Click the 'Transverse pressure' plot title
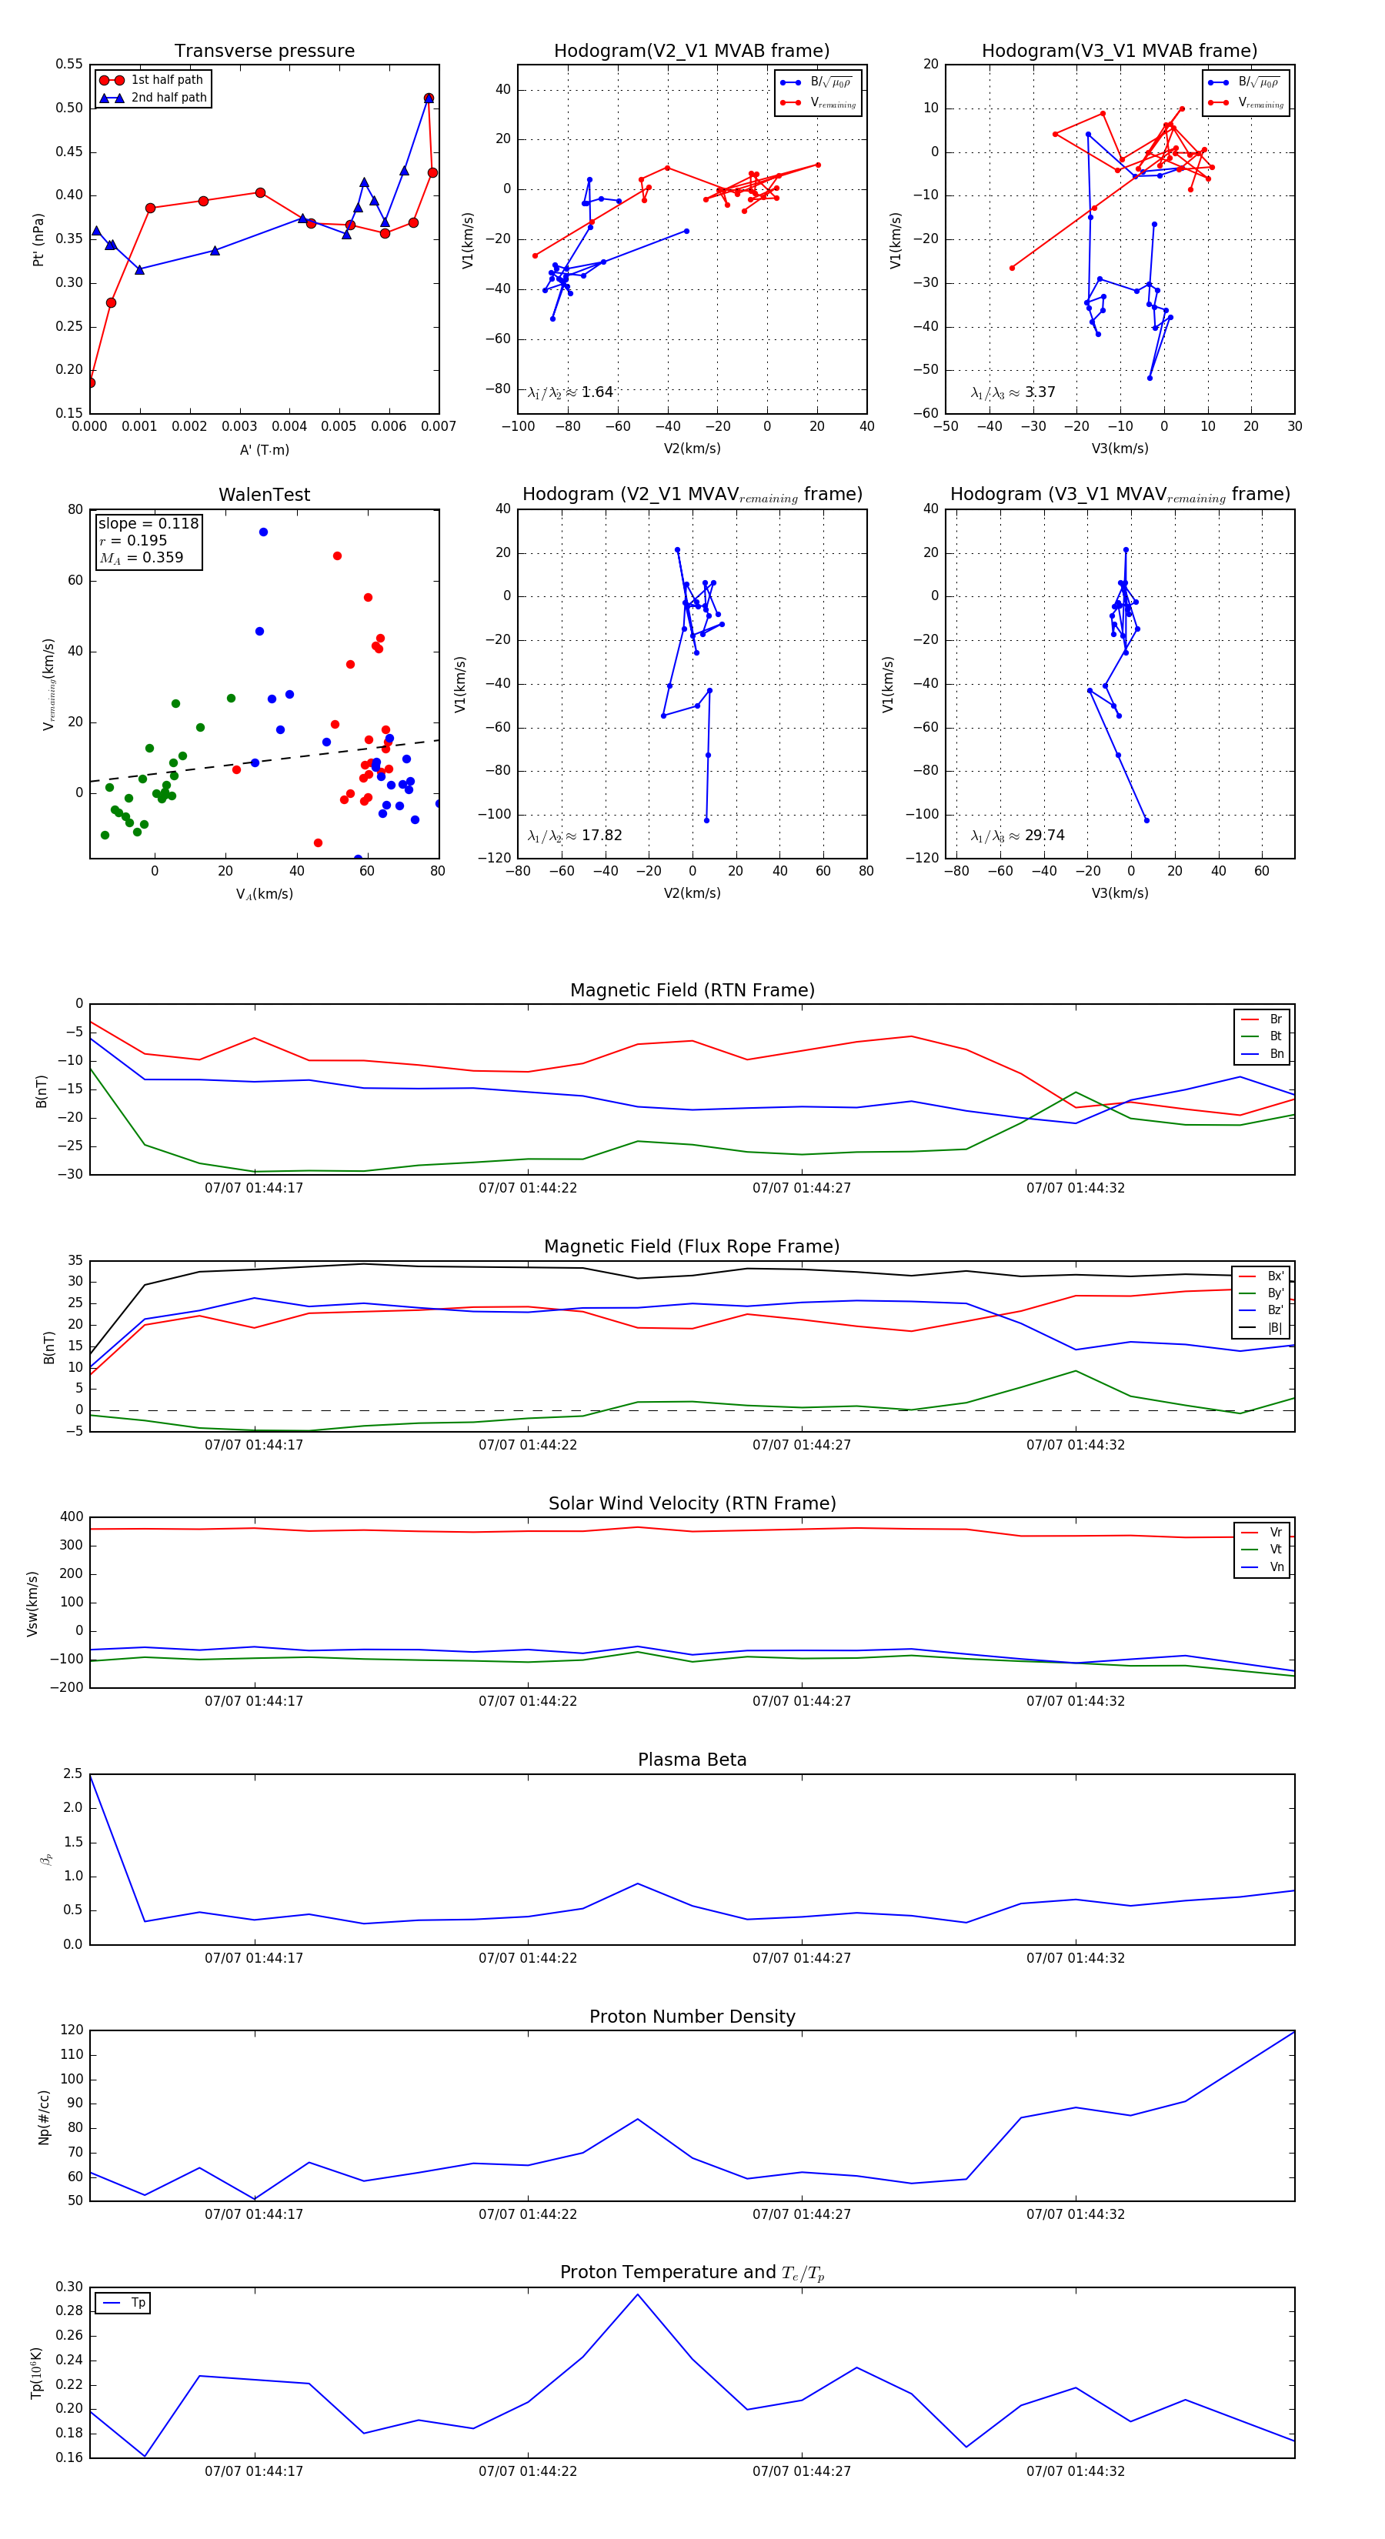(264, 52)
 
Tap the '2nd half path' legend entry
(169, 98)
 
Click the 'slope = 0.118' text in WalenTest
(148, 523)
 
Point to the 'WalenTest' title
(264, 495)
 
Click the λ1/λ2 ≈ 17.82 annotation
(575, 836)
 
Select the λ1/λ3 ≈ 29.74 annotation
(1017, 836)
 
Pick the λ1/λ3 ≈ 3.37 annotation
(1013, 392)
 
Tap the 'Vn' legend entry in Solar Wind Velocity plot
(1276, 1567)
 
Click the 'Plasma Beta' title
(692, 1760)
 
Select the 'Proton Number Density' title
(692, 2017)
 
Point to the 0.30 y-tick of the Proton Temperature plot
(69, 2287)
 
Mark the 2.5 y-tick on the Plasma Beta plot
(73, 1774)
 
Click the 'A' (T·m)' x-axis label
(264, 449)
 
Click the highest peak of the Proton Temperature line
(638, 2294)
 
